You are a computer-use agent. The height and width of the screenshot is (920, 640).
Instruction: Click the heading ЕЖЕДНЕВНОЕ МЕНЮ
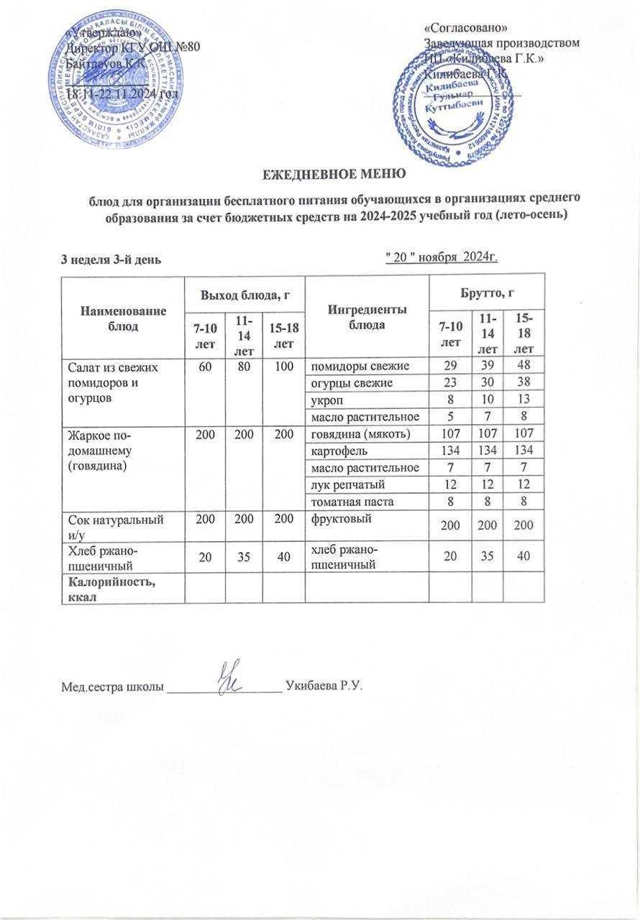pos(320,173)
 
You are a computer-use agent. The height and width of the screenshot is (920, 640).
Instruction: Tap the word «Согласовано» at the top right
pos(467,28)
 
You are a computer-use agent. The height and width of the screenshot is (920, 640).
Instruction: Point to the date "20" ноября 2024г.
pos(442,257)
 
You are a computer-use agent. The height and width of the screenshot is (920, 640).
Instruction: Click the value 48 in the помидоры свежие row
pos(524,367)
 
